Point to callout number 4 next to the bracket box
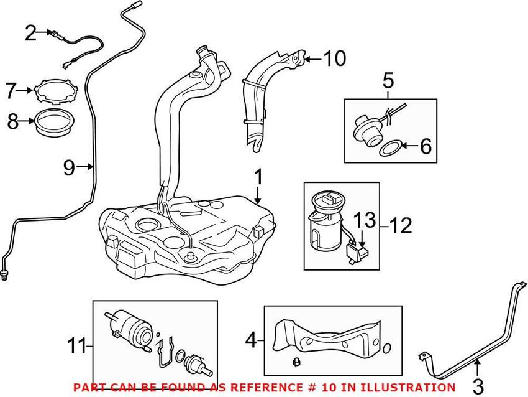click(250, 340)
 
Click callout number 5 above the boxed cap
click(388, 80)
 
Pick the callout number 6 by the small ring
click(425, 147)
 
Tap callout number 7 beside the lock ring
click(11, 91)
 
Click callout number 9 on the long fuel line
click(70, 166)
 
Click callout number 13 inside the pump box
click(366, 219)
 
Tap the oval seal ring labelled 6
click(389, 149)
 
